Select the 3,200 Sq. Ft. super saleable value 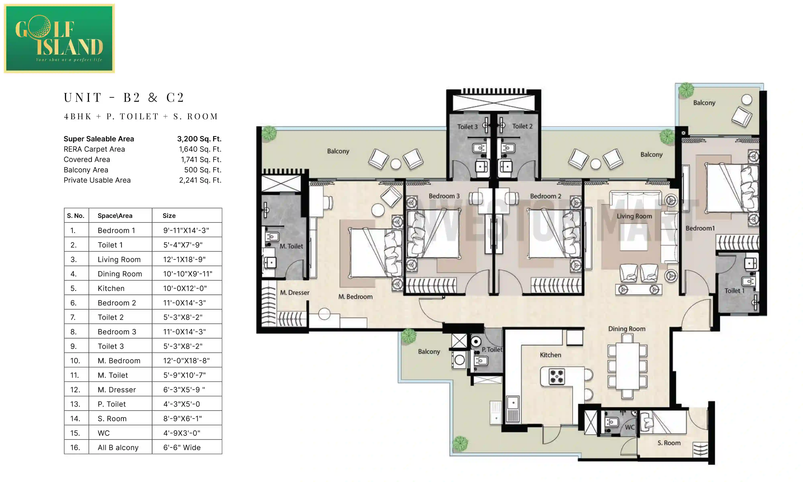coord(199,139)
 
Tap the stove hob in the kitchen coord(556,377)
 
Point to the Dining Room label coord(626,329)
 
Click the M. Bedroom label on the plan coord(355,297)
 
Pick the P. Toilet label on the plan coord(492,349)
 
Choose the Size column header coord(169,216)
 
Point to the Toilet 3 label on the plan coord(467,127)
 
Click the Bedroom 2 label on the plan coord(545,196)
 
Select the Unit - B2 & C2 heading coord(124,97)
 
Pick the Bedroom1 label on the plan coord(700,228)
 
